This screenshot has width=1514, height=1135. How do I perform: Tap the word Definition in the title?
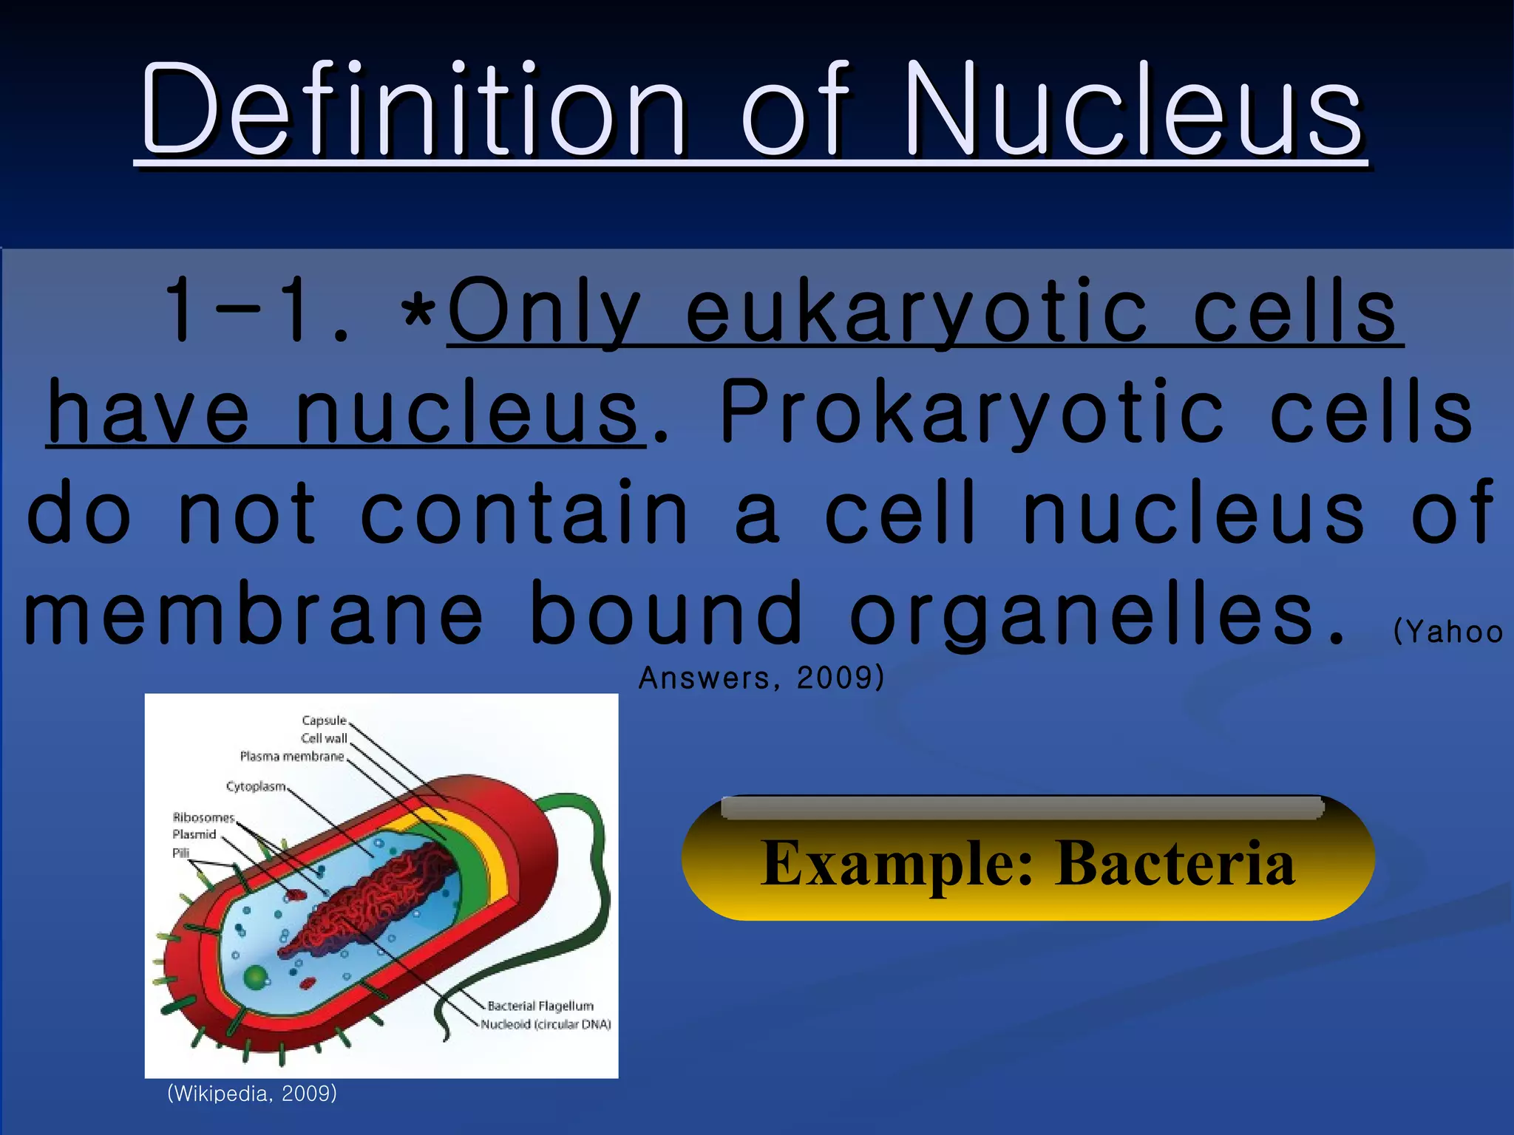click(414, 111)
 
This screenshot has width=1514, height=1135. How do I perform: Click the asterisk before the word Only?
click(418, 313)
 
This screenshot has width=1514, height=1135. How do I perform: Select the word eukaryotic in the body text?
click(917, 313)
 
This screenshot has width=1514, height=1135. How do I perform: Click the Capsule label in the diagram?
click(324, 720)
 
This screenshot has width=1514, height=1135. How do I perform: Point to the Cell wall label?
click(324, 738)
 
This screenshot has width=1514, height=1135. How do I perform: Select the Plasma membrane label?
click(292, 757)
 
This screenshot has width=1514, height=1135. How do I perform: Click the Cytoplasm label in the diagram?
click(256, 787)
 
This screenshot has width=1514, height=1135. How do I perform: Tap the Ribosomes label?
click(203, 818)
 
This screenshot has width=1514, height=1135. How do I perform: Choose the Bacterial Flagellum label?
click(540, 1006)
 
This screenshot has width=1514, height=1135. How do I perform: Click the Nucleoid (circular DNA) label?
click(546, 1025)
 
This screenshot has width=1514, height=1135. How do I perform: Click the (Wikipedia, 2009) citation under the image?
click(252, 1094)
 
